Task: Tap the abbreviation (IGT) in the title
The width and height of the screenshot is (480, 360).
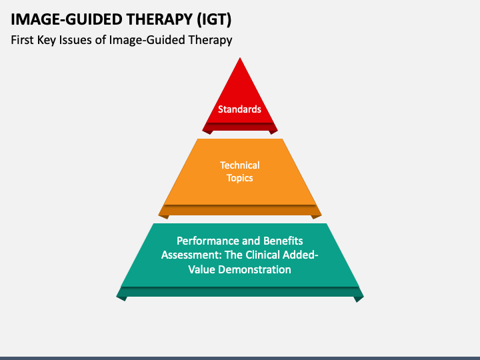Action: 214,19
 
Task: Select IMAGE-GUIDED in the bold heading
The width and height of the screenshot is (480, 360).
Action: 67,19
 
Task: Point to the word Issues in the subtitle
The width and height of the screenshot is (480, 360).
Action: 75,40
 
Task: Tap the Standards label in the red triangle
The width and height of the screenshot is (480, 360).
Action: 240,109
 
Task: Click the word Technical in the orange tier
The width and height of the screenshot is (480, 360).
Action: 240,165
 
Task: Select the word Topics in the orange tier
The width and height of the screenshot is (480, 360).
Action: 240,178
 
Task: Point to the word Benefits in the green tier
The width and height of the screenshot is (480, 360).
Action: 283,241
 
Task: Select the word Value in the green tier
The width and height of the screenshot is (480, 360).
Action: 201,270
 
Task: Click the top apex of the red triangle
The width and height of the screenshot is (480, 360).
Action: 240,57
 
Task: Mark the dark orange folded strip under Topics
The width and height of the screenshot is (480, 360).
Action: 240,210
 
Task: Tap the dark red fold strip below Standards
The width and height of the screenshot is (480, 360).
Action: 240,127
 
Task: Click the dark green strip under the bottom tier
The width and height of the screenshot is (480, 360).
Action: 240,292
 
